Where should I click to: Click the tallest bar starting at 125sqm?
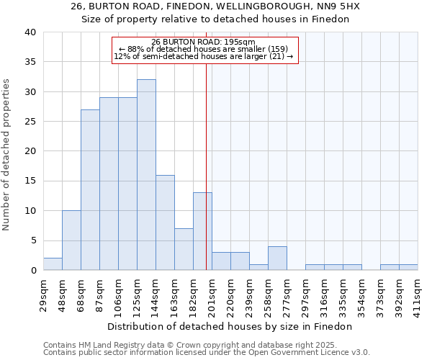(x=146, y=175)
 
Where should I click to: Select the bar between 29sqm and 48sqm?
(x=53, y=264)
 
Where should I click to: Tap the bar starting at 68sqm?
(x=90, y=190)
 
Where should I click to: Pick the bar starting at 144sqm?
(x=165, y=222)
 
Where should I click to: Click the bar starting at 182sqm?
(x=202, y=231)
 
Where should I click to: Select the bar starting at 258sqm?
(x=277, y=258)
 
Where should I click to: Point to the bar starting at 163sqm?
(x=184, y=249)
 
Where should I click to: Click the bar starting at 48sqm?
(x=71, y=240)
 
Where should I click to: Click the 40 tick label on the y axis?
(x=30, y=32)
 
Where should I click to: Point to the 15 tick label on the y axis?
(x=30, y=181)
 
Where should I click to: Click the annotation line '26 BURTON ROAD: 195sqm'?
(x=204, y=42)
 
